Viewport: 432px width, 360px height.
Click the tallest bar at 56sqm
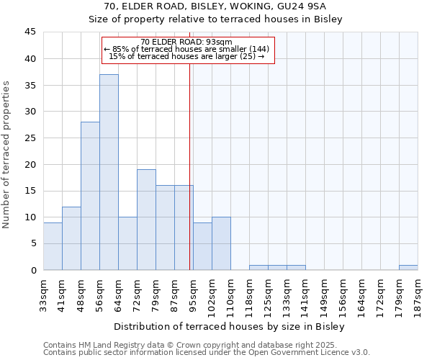[x=109, y=172]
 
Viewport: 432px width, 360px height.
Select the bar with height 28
[x=90, y=196]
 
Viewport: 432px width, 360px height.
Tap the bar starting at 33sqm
[x=53, y=246]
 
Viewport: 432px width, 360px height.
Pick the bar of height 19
[x=146, y=220]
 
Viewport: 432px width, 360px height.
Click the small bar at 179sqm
[x=408, y=268]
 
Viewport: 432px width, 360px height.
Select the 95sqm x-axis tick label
[x=193, y=292]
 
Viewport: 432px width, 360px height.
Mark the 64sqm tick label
[x=118, y=292]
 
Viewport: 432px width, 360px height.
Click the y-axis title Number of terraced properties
[x=7, y=154]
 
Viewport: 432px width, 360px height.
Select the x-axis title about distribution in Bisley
[x=230, y=326]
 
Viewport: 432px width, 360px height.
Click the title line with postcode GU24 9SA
[x=215, y=7]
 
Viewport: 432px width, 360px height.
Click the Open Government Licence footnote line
[x=207, y=352]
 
